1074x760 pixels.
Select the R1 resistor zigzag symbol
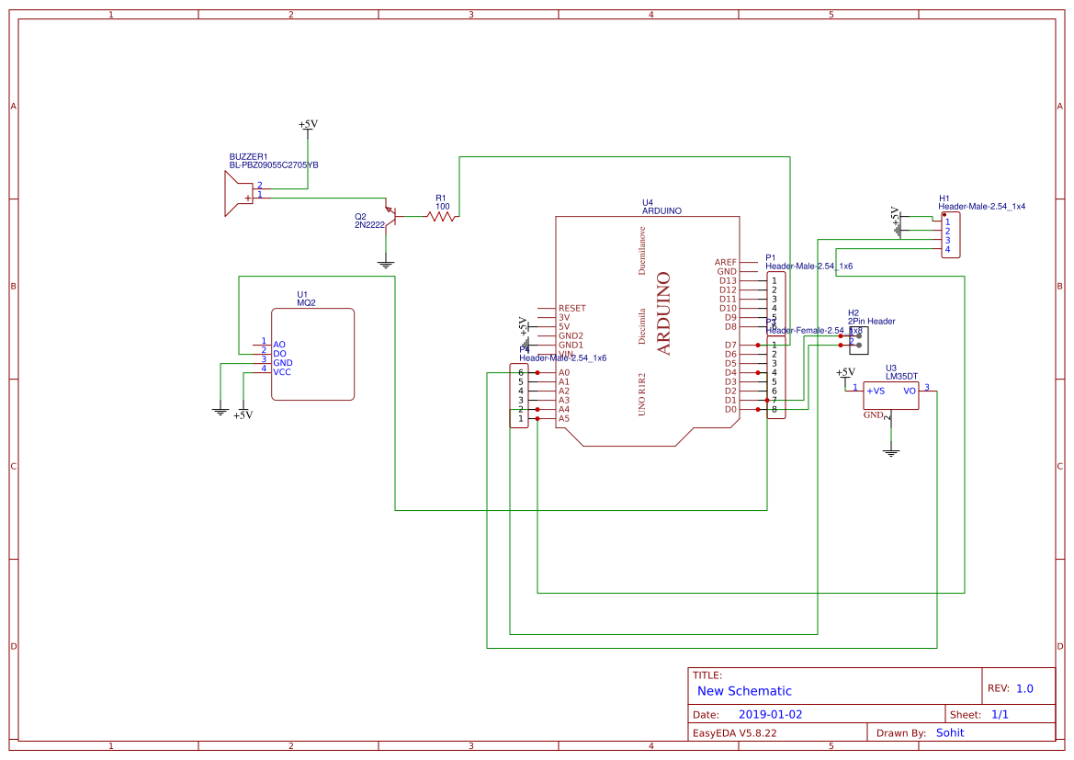(x=441, y=217)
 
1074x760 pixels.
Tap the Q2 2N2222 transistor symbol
(x=390, y=215)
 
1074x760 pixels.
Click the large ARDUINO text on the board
(x=663, y=313)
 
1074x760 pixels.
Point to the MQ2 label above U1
(x=306, y=302)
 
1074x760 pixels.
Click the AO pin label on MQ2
(x=279, y=345)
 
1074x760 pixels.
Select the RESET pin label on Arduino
(x=571, y=309)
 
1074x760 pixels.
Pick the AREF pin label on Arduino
(x=725, y=262)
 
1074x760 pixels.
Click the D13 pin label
(x=728, y=280)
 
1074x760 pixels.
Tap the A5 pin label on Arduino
(x=564, y=418)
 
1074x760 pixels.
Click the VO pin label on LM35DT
(x=910, y=391)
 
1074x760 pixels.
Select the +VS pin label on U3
(x=876, y=391)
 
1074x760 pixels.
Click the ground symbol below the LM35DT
(x=890, y=452)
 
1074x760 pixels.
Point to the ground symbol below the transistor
(x=386, y=265)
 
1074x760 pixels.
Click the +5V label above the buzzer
(x=308, y=124)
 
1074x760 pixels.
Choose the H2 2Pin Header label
(x=871, y=322)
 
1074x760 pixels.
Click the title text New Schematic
(x=744, y=691)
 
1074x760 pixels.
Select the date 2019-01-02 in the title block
(x=770, y=714)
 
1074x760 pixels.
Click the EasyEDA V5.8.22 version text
(x=734, y=733)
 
